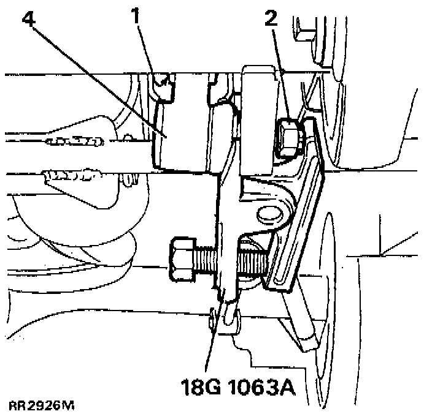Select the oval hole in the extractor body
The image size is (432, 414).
pos(268,214)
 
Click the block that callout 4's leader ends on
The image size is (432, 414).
pos(178,141)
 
